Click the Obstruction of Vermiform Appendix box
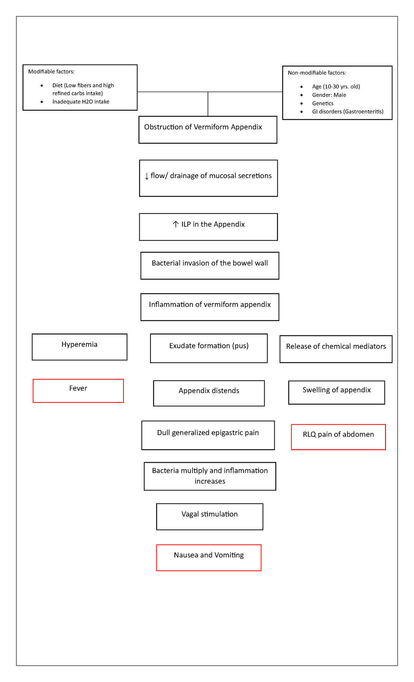point(208,130)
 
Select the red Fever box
point(78,391)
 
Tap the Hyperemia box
point(79,347)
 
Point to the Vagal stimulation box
point(209,516)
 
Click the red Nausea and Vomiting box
point(209,557)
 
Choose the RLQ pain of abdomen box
point(338,437)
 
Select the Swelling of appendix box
point(336,392)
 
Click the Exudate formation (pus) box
point(209,348)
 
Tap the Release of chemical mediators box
point(336,349)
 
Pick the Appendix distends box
point(209,393)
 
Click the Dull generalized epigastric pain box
point(208,435)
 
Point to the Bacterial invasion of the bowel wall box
point(210,265)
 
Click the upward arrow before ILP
point(176,224)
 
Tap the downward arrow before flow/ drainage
point(147,176)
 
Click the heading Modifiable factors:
point(51,72)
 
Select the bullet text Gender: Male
point(329,95)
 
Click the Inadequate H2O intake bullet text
point(81,102)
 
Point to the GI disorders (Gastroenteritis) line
point(347,111)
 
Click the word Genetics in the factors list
point(323,103)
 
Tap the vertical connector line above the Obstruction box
point(208,104)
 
